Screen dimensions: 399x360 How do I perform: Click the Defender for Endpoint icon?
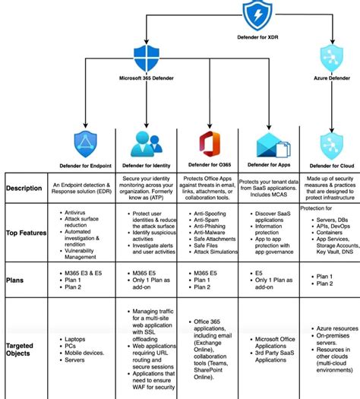tap(85, 144)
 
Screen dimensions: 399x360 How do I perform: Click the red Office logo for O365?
tap(207, 144)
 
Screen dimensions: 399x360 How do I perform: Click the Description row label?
tap(24, 188)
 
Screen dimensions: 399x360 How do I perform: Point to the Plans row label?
tap(17, 280)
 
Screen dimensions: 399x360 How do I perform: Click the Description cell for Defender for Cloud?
tap(329, 188)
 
